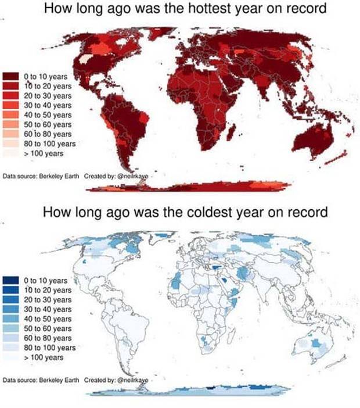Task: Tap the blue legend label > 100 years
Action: pos(45,357)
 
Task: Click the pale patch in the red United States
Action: pos(85,58)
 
